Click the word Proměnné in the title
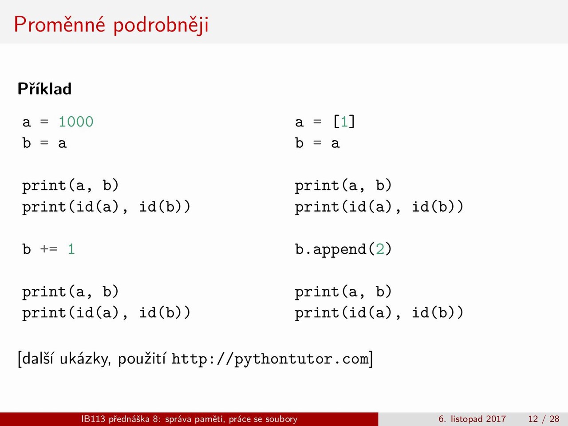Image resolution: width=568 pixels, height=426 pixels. click(x=59, y=24)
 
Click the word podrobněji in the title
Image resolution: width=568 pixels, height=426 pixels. click(x=161, y=25)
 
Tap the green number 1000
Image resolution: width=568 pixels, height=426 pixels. click(x=76, y=122)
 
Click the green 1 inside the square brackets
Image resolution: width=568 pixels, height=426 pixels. click(x=344, y=122)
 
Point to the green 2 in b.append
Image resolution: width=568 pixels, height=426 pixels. click(x=380, y=249)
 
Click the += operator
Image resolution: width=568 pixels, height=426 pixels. click(x=49, y=249)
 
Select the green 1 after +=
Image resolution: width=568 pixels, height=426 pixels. click(x=71, y=249)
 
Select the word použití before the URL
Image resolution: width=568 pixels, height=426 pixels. click(x=142, y=359)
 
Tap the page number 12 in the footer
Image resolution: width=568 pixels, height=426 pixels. click(x=533, y=419)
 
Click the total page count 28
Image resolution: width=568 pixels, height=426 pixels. click(x=554, y=419)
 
